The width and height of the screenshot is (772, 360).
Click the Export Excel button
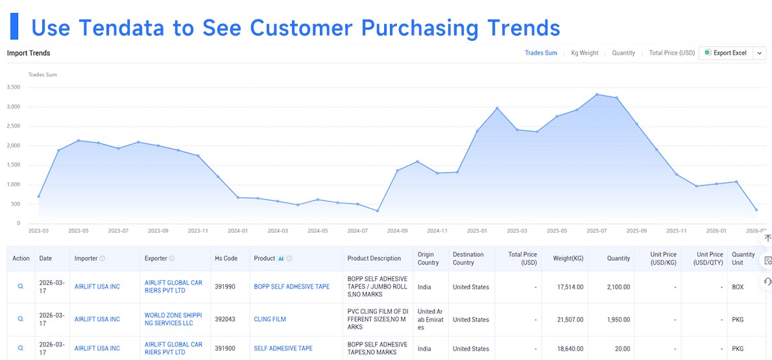[x=726, y=53]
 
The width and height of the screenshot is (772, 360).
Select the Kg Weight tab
[x=585, y=53]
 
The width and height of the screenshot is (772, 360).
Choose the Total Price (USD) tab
[x=671, y=53]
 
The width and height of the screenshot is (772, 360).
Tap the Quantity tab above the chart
[x=623, y=53]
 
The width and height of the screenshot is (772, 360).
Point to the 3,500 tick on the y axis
[x=13, y=88]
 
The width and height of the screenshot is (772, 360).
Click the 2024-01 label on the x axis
[x=238, y=230]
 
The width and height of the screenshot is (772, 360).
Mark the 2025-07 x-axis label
[x=597, y=230]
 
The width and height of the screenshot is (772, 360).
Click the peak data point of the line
[x=597, y=95]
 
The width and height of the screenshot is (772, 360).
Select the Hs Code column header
[x=225, y=259]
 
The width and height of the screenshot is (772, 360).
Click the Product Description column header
[x=374, y=259]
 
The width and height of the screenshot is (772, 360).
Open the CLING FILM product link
[x=270, y=320]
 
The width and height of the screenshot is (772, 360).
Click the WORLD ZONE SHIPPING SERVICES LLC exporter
[x=173, y=320]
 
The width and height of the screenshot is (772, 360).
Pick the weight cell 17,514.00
[x=569, y=287]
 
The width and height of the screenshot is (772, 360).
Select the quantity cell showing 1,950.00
[x=618, y=320]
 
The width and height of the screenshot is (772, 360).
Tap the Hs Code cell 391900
[x=225, y=349]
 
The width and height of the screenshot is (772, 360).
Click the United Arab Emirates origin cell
[x=430, y=320]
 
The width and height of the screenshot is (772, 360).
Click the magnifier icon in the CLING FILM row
[x=21, y=319]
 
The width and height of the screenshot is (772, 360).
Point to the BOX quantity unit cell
[x=738, y=287]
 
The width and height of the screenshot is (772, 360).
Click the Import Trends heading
[x=29, y=53]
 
